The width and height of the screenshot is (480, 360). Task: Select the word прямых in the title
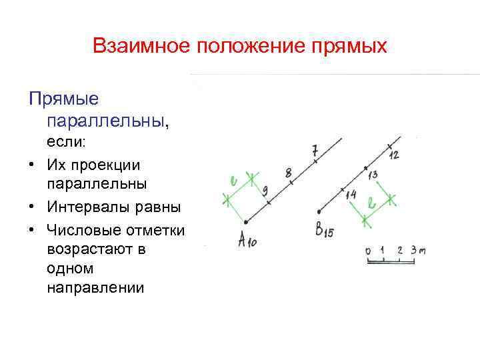tap(350, 46)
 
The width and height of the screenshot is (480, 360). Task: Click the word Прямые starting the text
tap(63, 100)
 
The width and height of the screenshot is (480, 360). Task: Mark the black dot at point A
tap(246, 221)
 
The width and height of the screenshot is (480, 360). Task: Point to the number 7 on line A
tap(315, 150)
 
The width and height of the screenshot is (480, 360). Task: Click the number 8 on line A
tap(289, 173)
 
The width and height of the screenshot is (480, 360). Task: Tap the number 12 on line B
tap(394, 154)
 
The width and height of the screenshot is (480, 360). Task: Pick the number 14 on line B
tap(351, 195)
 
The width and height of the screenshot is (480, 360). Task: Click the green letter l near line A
tap(233, 181)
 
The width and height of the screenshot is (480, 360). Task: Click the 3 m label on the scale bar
tap(417, 250)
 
